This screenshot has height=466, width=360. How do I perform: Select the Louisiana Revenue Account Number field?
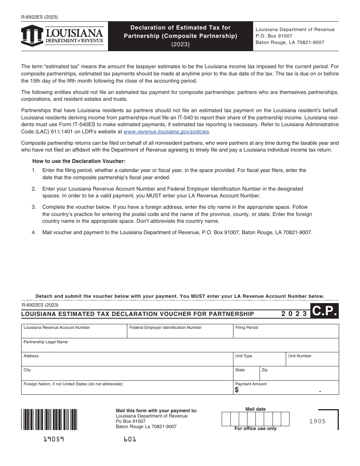pyautogui.click(x=74, y=333)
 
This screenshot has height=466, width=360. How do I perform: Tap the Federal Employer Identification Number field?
pyautogui.click(x=180, y=333)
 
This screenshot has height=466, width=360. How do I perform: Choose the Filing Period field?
pyautogui.click(x=286, y=333)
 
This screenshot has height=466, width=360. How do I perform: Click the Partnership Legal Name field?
pyautogui.click(x=180, y=347)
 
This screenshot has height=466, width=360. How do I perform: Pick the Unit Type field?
pyautogui.click(x=259, y=361)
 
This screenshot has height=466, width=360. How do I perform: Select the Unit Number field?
pyautogui.click(x=312, y=361)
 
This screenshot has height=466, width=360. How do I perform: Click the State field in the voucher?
pyautogui.click(x=246, y=375)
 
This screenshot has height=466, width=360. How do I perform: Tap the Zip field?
pyautogui.click(x=299, y=375)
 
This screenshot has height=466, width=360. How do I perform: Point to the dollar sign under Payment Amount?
pyautogui.click(x=237, y=390)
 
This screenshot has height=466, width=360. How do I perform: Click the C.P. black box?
pyautogui.click(x=324, y=311)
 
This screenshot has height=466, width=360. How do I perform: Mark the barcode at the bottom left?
pyautogui.click(x=49, y=419)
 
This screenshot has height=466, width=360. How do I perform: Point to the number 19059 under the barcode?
pyautogui.click(x=53, y=439)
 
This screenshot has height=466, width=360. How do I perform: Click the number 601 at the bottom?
pyautogui.click(x=130, y=439)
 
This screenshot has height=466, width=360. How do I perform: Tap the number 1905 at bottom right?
pyautogui.click(x=318, y=421)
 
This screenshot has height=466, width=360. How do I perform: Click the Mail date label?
pyautogui.click(x=255, y=409)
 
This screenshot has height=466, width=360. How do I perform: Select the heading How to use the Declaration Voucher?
pyautogui.click(x=79, y=161)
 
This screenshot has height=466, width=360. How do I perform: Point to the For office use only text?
pyautogui.click(x=255, y=428)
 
